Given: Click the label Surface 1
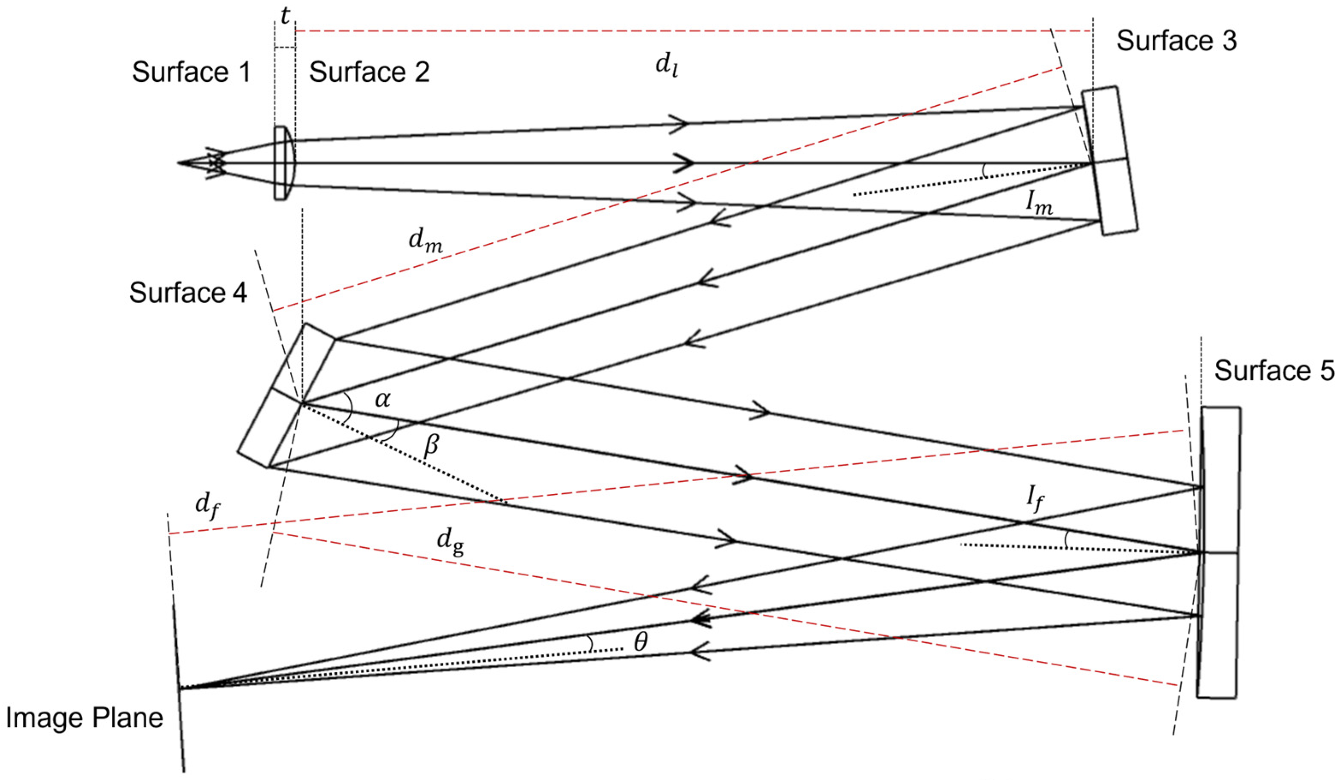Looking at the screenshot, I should [191, 72].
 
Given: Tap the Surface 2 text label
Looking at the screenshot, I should [369, 72].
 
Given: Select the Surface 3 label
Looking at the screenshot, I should [1176, 41].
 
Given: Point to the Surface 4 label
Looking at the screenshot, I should [188, 292].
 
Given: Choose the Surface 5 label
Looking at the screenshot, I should [1274, 370].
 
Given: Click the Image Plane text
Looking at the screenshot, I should [84, 718].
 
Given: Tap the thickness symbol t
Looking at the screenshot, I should [285, 16].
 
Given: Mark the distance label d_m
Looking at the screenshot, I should [425, 241].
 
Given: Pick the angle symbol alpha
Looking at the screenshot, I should [382, 399].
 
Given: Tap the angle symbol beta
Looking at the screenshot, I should [431, 445].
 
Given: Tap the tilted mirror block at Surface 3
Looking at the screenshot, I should [1110, 160].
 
